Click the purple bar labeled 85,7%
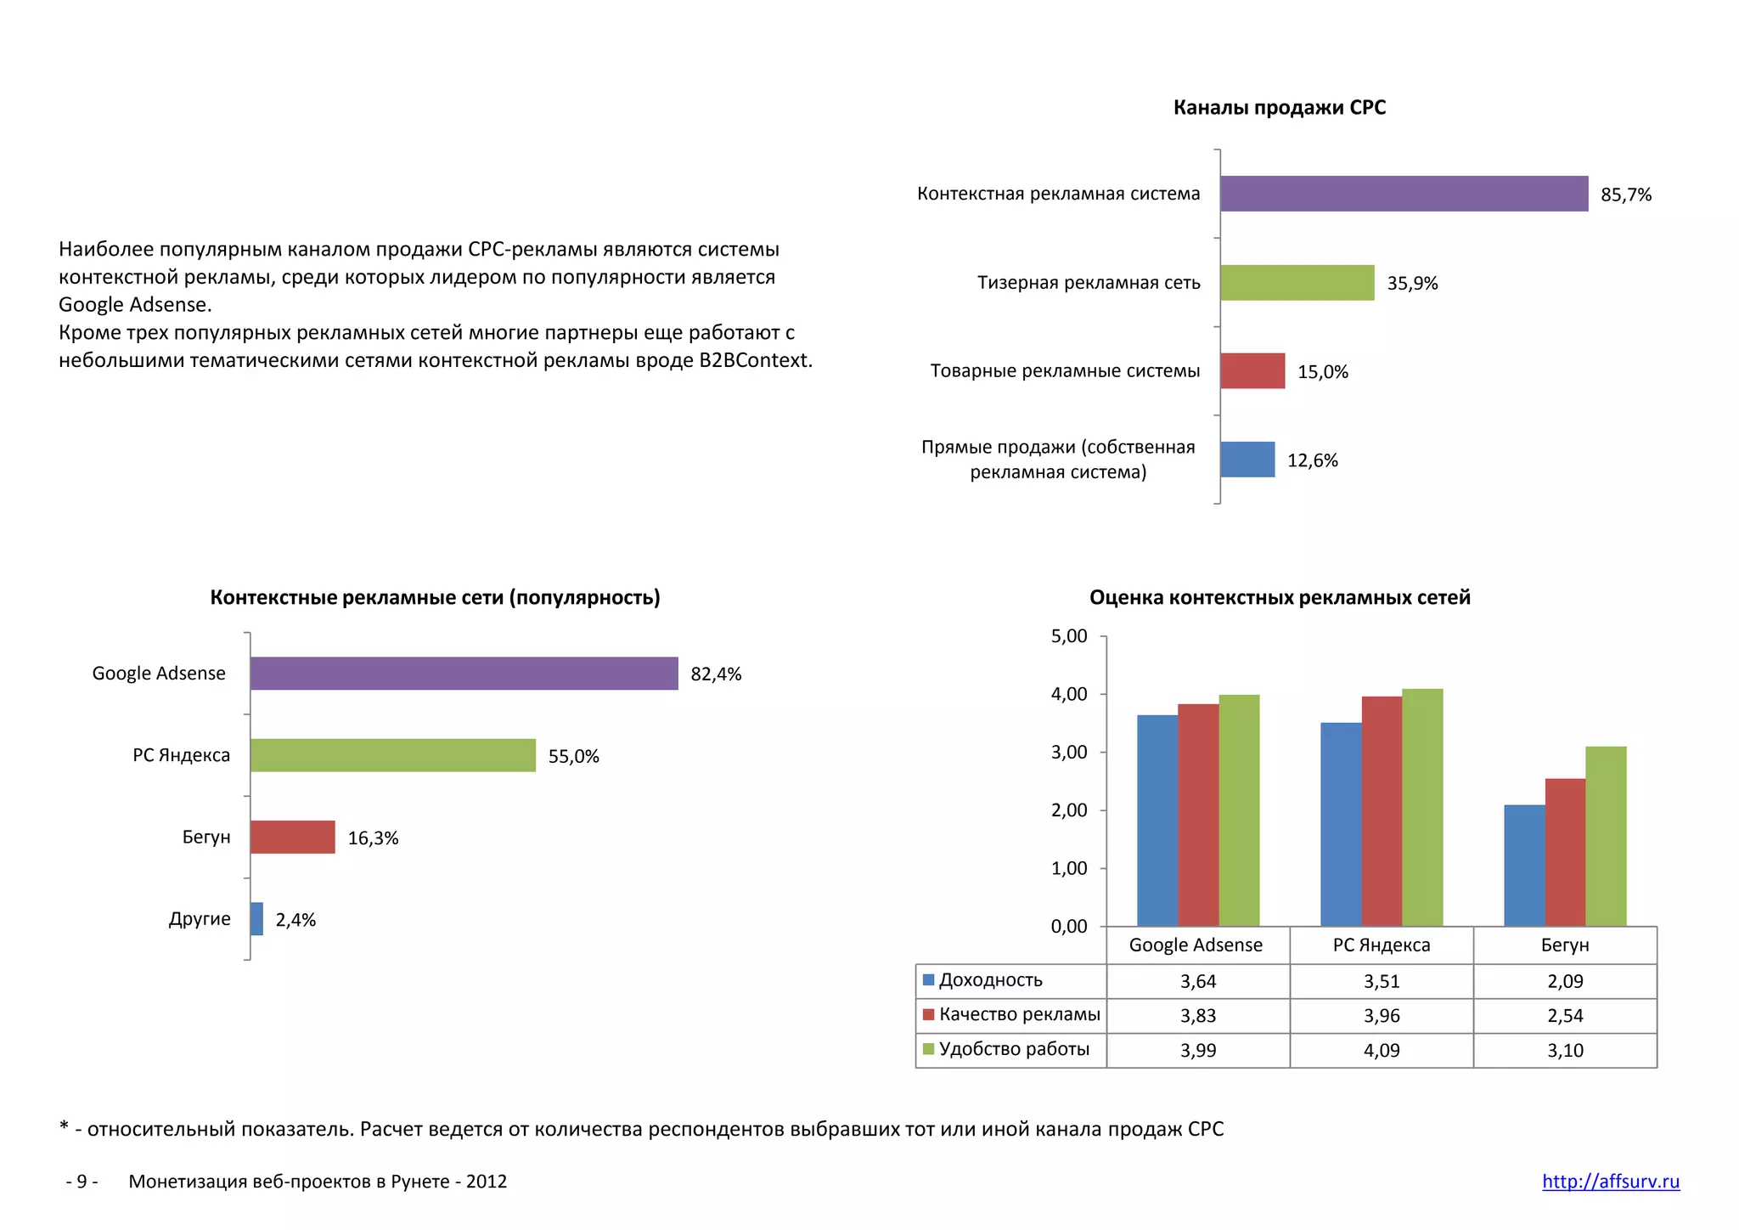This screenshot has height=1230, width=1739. [1404, 194]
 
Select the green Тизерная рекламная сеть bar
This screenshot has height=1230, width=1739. [1297, 283]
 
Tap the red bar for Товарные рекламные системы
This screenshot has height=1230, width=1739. [1252, 371]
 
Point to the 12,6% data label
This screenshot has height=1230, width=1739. [1312, 460]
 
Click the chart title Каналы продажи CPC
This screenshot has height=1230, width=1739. [1279, 108]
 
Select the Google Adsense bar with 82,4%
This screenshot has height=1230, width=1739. [464, 674]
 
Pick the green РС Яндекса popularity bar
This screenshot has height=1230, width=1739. [392, 755]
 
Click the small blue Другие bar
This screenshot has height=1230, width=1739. [256, 919]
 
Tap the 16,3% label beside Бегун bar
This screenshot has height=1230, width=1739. [373, 838]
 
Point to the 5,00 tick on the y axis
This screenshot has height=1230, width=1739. [1069, 636]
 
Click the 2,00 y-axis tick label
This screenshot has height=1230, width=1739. [1069, 810]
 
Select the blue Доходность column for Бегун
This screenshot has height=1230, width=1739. [1524, 866]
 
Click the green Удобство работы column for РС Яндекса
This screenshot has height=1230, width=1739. [1422, 807]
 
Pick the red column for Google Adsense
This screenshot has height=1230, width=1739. [1198, 815]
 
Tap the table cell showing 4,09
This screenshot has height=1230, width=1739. [1382, 1051]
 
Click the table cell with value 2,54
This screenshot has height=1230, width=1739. [1565, 1016]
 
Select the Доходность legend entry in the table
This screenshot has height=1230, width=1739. [990, 980]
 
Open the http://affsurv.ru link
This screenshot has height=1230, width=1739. [1610, 1182]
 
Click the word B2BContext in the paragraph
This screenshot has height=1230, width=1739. [754, 360]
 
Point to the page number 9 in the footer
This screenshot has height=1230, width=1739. [82, 1182]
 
